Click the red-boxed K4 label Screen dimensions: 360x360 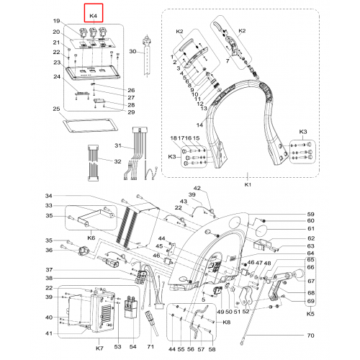tap(93, 16)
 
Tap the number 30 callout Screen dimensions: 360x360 tap(132, 51)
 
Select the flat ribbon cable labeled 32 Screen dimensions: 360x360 tap(94, 163)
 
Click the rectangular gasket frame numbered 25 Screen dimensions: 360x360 tap(90, 125)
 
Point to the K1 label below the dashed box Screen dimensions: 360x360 tap(248, 184)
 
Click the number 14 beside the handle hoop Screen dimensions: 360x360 tap(199, 125)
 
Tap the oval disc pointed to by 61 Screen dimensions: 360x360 tap(260, 231)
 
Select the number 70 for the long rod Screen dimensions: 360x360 tap(310, 336)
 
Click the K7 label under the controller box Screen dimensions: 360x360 tap(99, 348)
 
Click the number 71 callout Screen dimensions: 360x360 tap(150, 346)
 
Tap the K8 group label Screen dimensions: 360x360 tap(227, 322)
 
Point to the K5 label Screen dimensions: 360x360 tap(310, 314)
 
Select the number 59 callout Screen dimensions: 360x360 tap(310, 214)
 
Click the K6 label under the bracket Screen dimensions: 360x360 tap(91, 238)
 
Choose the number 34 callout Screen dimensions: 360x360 tap(49, 196)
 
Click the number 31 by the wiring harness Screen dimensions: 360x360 tap(118, 145)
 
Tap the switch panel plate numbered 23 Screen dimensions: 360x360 tap(93, 73)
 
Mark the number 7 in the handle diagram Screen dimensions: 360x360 tap(228, 61)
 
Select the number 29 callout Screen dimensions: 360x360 tap(131, 112)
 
